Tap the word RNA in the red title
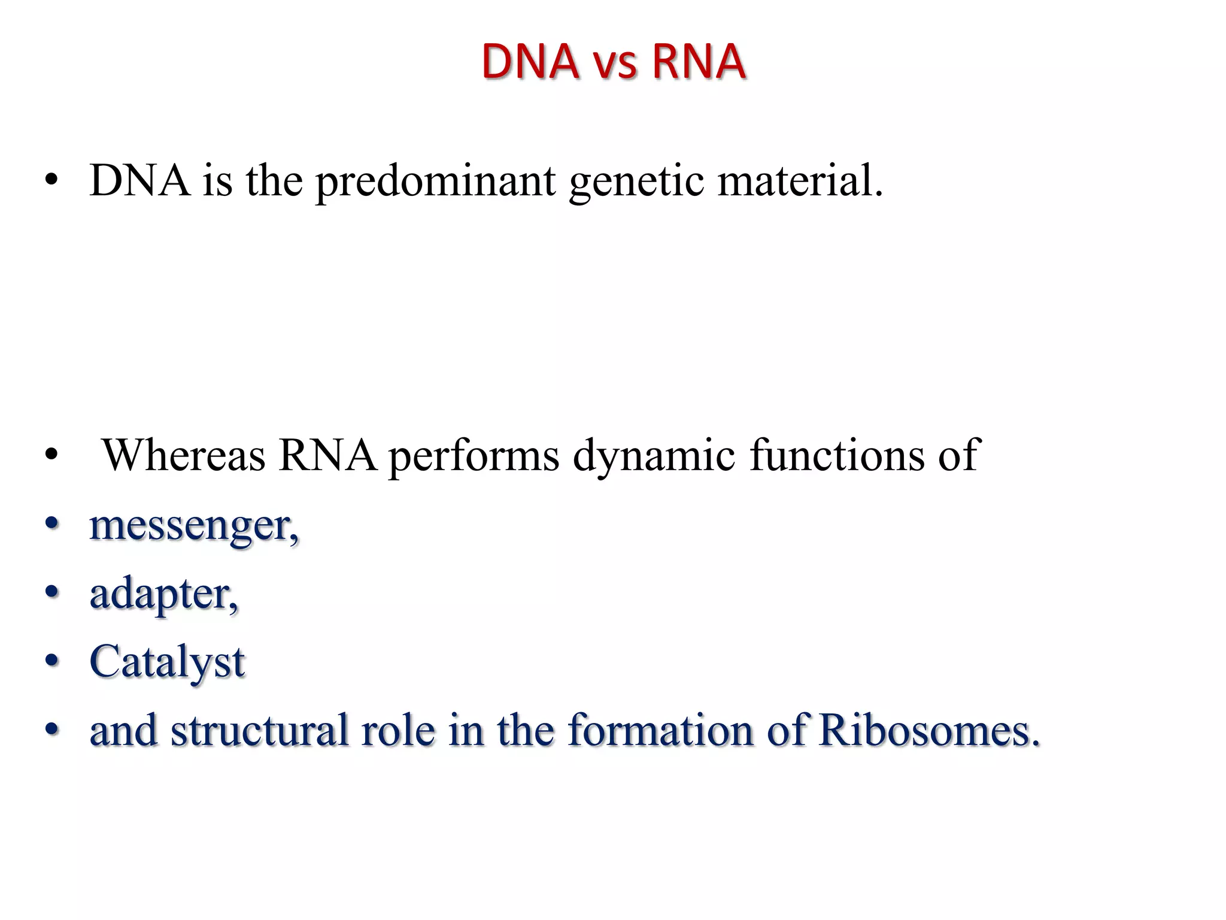click(698, 62)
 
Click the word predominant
click(435, 181)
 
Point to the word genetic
click(636, 181)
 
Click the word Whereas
click(184, 455)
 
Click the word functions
click(836, 455)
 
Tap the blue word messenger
click(193, 526)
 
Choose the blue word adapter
click(163, 595)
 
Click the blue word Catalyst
click(167, 662)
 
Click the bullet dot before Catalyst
click(53, 661)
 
